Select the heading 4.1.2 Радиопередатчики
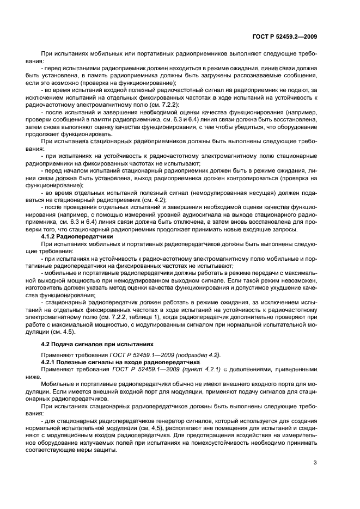77,237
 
